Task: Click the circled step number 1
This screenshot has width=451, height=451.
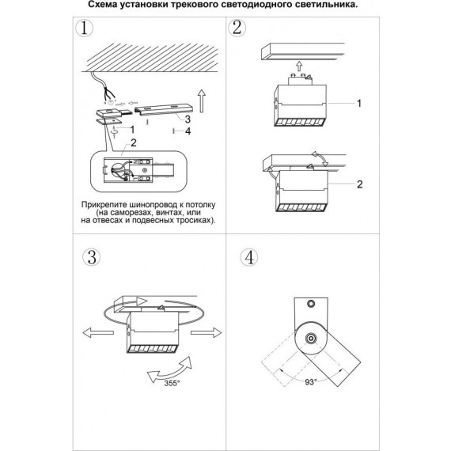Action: (85, 28)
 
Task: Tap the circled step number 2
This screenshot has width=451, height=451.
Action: (237, 28)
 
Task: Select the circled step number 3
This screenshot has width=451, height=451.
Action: (92, 257)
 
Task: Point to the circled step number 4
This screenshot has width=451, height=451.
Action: (249, 257)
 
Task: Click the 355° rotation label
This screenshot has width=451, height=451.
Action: (172, 383)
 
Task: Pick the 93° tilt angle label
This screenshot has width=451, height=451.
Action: (311, 382)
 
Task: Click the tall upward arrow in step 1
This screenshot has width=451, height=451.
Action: (202, 101)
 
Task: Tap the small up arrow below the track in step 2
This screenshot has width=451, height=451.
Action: (299, 66)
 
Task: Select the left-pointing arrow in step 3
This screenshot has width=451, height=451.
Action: (98, 333)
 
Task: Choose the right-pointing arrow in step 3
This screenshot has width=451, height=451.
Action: (206, 332)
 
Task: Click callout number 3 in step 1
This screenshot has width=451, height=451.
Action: (188, 119)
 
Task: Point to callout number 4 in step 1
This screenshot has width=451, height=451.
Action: (188, 131)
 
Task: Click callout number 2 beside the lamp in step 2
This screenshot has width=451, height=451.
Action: (359, 184)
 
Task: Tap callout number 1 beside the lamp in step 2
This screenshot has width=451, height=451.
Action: (359, 104)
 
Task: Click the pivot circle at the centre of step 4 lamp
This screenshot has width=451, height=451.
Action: (311, 339)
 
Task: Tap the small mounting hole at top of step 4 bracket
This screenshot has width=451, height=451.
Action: (311, 303)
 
